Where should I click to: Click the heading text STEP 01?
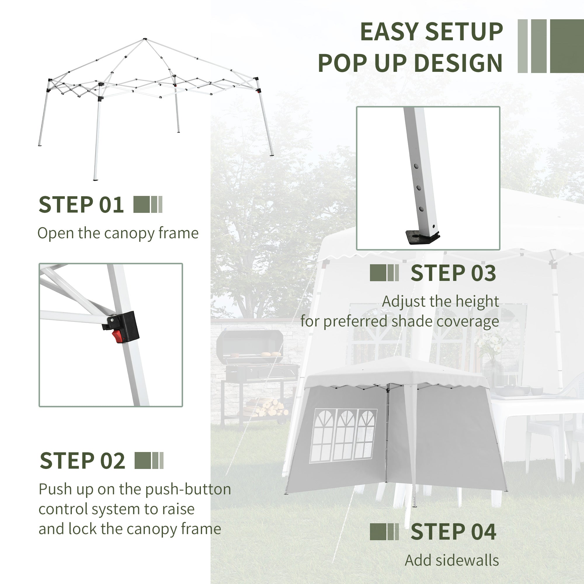click(81, 205)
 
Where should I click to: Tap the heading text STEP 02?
click(82, 461)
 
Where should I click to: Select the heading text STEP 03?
click(453, 273)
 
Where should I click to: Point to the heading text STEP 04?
click(453, 532)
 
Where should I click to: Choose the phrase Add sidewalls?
click(452, 560)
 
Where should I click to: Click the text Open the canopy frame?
click(118, 233)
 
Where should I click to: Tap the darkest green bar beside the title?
click(567, 46)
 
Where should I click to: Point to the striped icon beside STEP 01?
click(148, 205)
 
